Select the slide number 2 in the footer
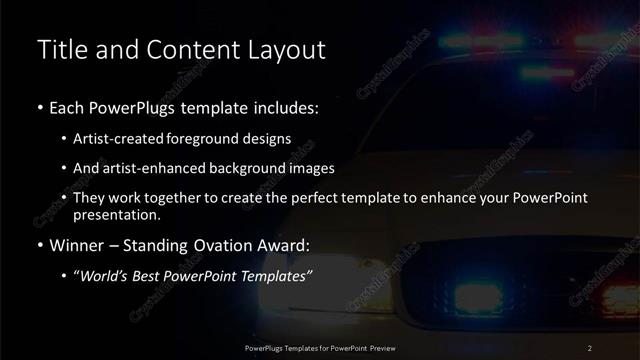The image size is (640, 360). (591, 347)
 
